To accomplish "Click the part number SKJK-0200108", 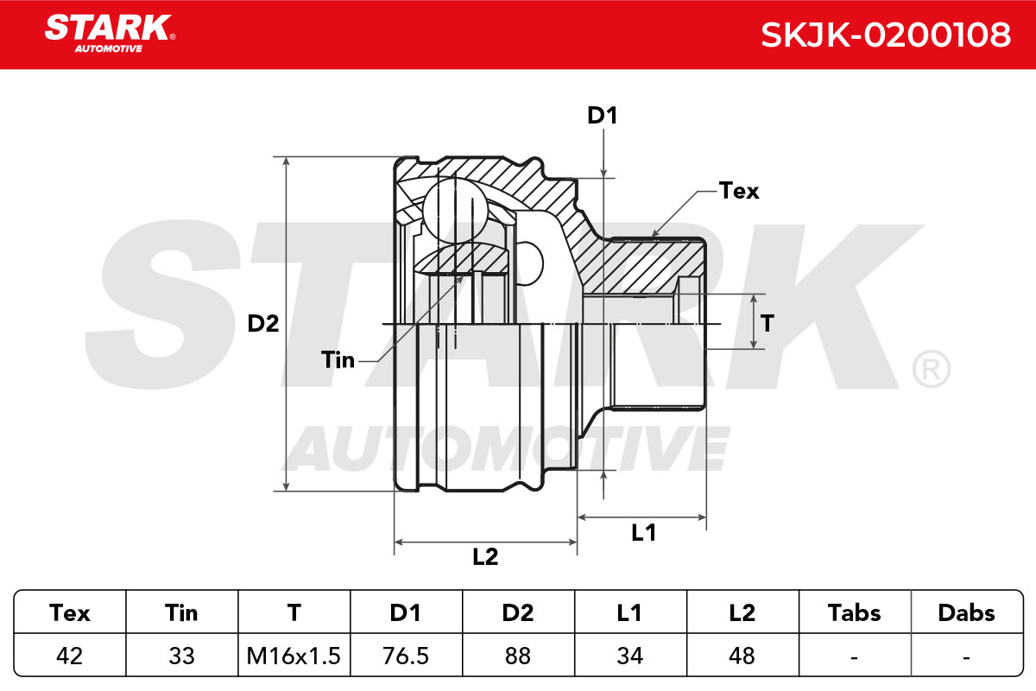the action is [886, 35].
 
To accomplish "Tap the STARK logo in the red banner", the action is [110, 34].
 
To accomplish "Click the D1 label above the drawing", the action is [603, 115].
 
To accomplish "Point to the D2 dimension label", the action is [263, 324].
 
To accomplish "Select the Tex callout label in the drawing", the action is [739, 191].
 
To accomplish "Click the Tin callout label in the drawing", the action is [338, 359].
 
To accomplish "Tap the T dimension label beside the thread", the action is [768, 323].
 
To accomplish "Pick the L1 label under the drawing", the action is [644, 533].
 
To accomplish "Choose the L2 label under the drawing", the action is [485, 556].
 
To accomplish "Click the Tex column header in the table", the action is [69, 612].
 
